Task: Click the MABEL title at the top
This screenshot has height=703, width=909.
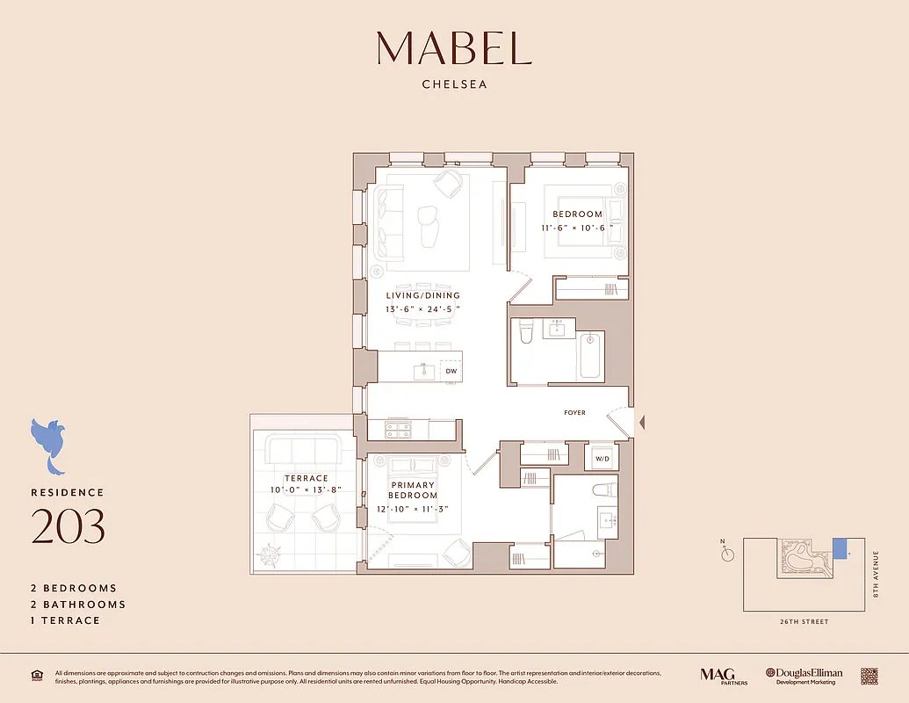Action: pyautogui.click(x=454, y=48)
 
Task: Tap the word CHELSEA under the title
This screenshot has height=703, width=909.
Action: pyautogui.click(x=454, y=85)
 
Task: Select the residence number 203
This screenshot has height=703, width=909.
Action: pyautogui.click(x=68, y=526)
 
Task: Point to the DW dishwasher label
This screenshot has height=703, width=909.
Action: pyautogui.click(x=451, y=372)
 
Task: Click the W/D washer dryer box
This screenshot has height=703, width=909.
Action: pyautogui.click(x=602, y=458)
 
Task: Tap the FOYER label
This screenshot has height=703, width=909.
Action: pyautogui.click(x=574, y=413)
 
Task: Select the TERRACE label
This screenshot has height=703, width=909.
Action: pyautogui.click(x=306, y=479)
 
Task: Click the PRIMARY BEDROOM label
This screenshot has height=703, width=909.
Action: pyautogui.click(x=414, y=489)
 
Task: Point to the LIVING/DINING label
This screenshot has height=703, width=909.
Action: pyautogui.click(x=422, y=296)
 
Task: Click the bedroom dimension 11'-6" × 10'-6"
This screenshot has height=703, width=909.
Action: pyautogui.click(x=577, y=228)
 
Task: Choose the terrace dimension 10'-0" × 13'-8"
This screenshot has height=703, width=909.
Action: pyautogui.click(x=305, y=489)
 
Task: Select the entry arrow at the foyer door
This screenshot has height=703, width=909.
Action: pyautogui.click(x=641, y=424)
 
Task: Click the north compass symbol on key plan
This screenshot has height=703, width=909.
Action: pyautogui.click(x=727, y=554)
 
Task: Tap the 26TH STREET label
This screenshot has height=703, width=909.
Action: pyautogui.click(x=804, y=622)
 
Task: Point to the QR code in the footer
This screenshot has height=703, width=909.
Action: pyautogui.click(x=869, y=676)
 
